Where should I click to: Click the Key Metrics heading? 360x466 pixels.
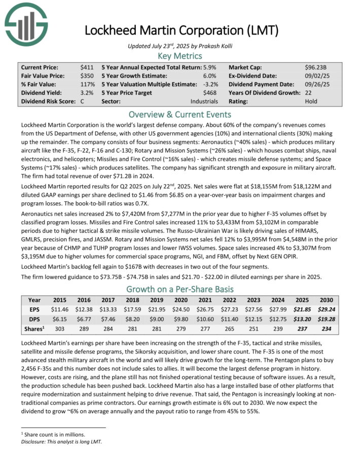click(x=180, y=56)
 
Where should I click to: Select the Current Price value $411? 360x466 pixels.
click(x=87, y=67)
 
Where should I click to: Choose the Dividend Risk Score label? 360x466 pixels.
click(x=47, y=101)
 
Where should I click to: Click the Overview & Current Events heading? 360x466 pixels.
click(x=179, y=114)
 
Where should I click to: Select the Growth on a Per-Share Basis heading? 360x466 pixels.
click(x=179, y=290)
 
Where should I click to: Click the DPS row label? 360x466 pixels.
click(x=34, y=319)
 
